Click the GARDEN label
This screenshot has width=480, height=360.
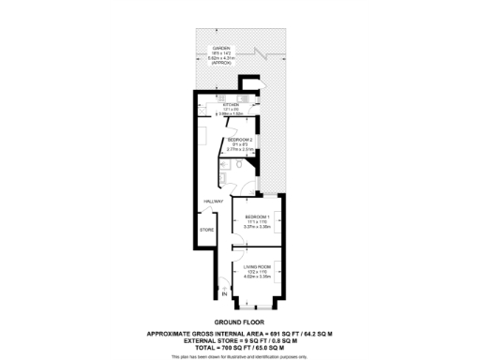(x=220, y=47)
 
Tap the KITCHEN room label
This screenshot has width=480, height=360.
(x=219, y=104)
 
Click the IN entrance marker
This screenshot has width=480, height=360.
(x=224, y=294)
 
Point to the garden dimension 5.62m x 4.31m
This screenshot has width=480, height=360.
(x=220, y=57)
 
